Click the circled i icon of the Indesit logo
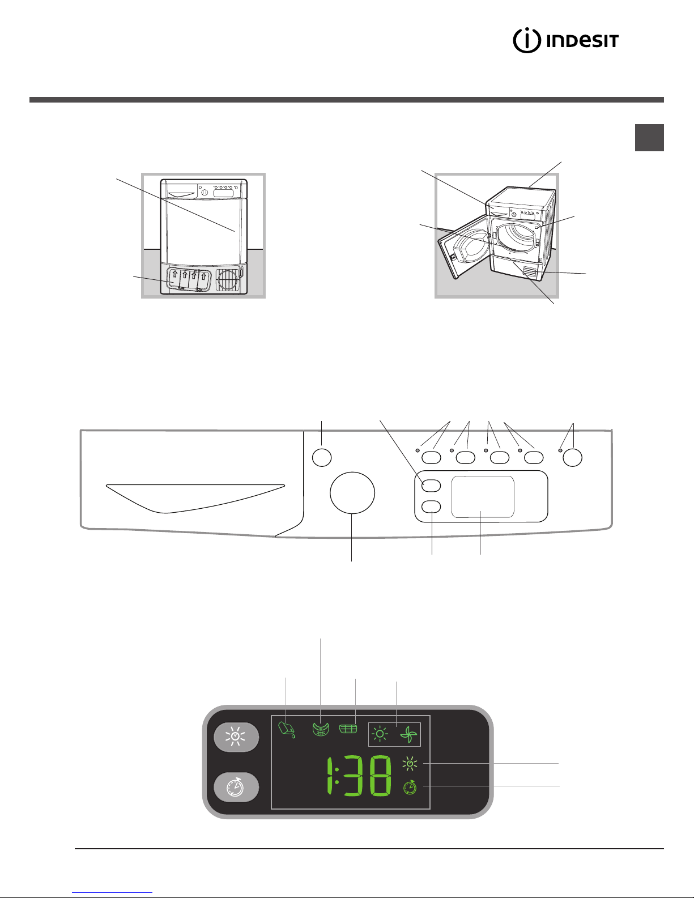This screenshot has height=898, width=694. point(527,41)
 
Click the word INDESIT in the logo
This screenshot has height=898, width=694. point(582,41)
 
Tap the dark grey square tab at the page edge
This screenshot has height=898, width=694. point(649,138)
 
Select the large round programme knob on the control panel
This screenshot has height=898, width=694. point(352,493)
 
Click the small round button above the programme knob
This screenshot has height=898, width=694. point(322,457)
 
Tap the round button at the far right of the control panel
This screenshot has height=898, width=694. point(573,457)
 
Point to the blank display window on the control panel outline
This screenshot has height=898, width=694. point(483,497)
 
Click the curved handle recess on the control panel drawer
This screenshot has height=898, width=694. point(195,498)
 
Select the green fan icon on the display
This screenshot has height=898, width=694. point(408,735)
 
